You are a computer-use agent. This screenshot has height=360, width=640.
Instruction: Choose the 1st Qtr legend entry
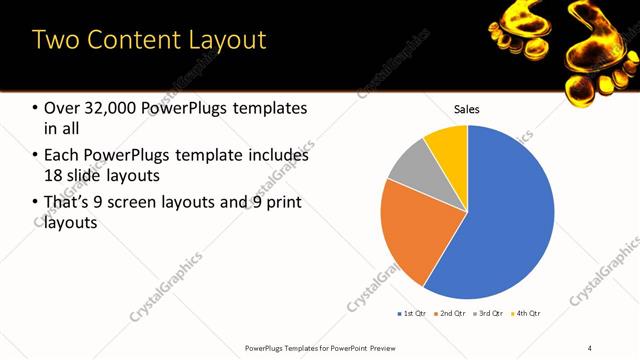(x=413, y=313)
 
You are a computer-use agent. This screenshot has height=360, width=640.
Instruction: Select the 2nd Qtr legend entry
(x=452, y=313)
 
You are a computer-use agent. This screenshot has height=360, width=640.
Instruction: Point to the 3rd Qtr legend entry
(x=490, y=313)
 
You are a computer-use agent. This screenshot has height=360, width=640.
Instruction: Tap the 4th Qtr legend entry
(x=528, y=313)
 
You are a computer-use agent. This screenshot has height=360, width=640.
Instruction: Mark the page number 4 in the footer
(x=590, y=347)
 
